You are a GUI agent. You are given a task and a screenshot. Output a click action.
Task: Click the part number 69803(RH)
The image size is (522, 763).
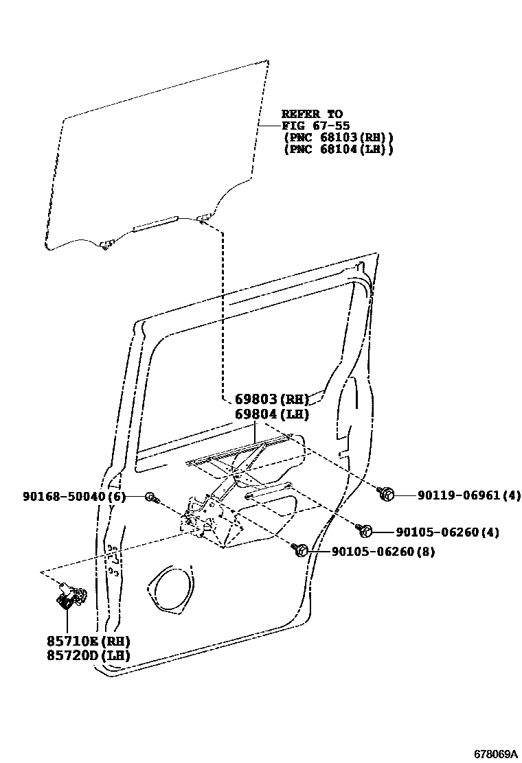tap(272, 399)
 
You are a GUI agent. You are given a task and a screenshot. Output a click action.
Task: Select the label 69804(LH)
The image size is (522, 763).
tap(272, 414)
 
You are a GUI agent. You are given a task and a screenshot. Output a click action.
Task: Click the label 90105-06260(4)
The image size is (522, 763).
tap(446, 532)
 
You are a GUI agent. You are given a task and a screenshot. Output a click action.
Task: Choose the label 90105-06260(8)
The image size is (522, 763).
tap(383, 551)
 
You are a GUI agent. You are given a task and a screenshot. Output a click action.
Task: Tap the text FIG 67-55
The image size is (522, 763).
tap(315, 126)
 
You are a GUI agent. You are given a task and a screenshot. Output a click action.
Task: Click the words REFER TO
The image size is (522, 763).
tap(312, 114)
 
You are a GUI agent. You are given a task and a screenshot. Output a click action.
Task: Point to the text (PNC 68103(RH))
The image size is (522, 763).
tap(338, 137)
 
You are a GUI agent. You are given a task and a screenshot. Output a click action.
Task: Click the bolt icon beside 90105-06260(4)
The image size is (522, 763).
tap(365, 530)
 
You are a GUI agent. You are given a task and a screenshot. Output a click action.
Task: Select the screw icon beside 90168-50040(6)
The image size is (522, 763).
tap(150, 497)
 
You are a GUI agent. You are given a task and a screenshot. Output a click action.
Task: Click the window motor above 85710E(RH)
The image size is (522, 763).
tap(69, 595)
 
